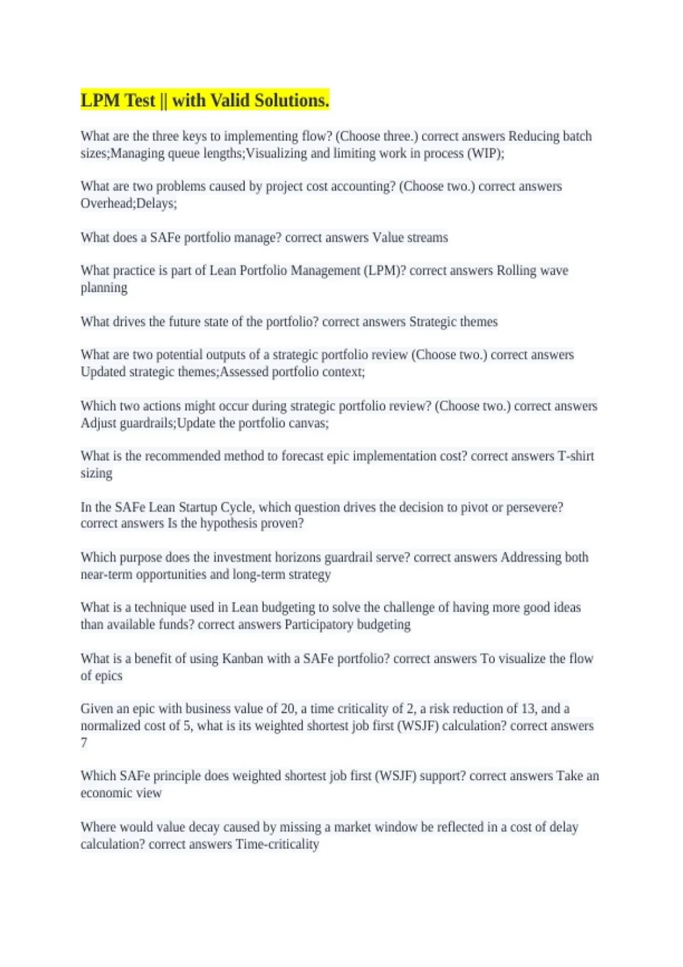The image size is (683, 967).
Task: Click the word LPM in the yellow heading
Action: pyautogui.click(x=100, y=101)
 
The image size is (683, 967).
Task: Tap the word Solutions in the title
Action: pyautogui.click(x=291, y=101)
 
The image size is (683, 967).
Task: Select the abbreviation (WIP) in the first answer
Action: pyautogui.click(x=485, y=154)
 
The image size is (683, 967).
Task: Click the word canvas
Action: pyautogui.click(x=310, y=423)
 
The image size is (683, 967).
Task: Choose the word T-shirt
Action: pyautogui.click(x=576, y=456)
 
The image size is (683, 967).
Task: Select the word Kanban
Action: pyautogui.click(x=242, y=659)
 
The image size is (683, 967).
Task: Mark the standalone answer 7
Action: pyautogui.click(x=84, y=743)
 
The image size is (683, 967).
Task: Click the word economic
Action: pyautogui.click(x=106, y=793)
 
